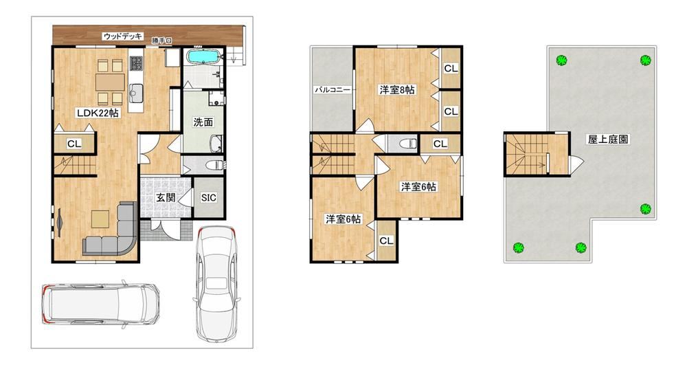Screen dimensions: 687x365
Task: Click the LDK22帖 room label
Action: pyautogui.click(x=98, y=113)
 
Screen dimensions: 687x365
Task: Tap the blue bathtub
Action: pyautogui.click(x=203, y=57)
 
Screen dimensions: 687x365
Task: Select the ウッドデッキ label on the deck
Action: pyautogui.click(x=123, y=36)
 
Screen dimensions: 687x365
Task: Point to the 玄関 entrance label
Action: pyautogui.click(x=166, y=197)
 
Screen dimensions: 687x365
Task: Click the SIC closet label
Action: pyautogui.click(x=209, y=197)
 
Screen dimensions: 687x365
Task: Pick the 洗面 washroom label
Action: pyautogui.click(x=203, y=122)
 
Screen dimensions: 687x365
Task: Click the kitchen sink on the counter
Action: pyautogui.click(x=136, y=91)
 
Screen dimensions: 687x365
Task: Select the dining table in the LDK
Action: pyautogui.click(x=110, y=82)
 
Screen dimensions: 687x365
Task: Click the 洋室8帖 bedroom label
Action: pyautogui.click(x=397, y=90)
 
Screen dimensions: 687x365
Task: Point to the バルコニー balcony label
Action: pyautogui.click(x=333, y=90)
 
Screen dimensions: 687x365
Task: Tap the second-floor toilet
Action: pyautogui.click(x=405, y=143)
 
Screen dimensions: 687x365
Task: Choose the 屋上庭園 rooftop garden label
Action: pyautogui.click(x=608, y=140)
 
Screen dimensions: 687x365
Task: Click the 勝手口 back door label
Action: pyautogui.click(x=161, y=41)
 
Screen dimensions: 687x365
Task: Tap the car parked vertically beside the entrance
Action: pyautogui.click(x=216, y=283)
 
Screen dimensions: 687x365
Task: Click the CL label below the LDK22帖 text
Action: pyautogui.click(x=74, y=144)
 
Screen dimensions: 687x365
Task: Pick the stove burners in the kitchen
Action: pyautogui.click(x=136, y=64)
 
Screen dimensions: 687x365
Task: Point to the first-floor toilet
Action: pyautogui.click(x=214, y=166)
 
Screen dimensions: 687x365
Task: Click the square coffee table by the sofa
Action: pyautogui.click(x=100, y=219)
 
